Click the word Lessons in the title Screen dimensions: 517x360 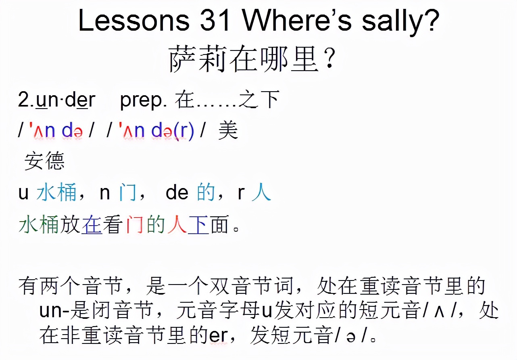click(x=134, y=20)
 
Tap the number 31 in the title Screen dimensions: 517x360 click(x=215, y=20)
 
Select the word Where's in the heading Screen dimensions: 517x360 click(x=298, y=20)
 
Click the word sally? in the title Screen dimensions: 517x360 click(x=400, y=22)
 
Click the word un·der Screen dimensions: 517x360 click(x=66, y=100)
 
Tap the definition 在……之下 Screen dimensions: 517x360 click(x=227, y=100)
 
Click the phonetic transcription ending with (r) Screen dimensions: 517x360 click(x=156, y=130)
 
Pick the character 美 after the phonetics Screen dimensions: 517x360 click(x=228, y=130)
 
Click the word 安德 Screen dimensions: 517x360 click(x=44, y=161)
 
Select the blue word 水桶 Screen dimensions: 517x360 click(x=56, y=192)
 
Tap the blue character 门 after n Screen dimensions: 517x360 click(x=127, y=192)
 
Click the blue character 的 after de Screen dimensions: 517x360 click(x=206, y=192)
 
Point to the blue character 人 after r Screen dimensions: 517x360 click(x=261, y=192)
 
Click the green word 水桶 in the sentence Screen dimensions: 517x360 click(x=39, y=224)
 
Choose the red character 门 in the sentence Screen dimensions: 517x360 click(x=135, y=224)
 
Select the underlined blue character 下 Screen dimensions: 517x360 click(x=198, y=224)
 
